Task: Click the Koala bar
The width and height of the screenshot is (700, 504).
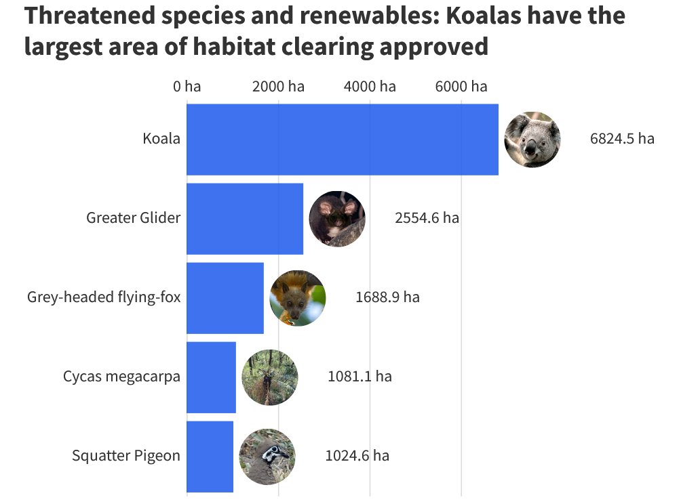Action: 343,140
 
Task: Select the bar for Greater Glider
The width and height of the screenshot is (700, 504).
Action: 245,219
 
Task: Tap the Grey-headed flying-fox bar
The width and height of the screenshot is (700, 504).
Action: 225,298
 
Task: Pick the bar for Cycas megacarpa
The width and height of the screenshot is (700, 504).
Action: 212,377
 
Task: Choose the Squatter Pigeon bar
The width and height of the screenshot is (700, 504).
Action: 210,457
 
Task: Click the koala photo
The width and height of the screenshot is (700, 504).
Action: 532,140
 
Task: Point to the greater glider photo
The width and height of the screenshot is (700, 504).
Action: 337,219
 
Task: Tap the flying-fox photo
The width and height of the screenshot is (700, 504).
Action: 298,298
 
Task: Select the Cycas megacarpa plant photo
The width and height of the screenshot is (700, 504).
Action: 270,377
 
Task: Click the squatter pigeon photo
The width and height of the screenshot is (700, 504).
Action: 267,457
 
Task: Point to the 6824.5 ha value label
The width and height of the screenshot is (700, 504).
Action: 622,139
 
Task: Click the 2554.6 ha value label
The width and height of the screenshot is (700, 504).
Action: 427,218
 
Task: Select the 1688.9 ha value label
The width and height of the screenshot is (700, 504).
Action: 387,297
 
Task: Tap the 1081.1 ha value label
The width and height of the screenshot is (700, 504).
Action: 359,377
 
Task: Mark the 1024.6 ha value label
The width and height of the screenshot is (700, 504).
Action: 357,456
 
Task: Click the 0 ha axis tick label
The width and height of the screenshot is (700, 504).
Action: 187,87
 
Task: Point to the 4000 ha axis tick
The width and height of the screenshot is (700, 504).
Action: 370,87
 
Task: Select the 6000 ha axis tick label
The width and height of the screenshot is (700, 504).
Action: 461,87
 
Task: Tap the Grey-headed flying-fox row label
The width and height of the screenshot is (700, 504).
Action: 104,297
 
